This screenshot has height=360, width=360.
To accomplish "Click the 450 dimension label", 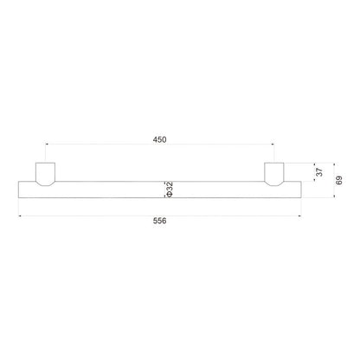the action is pyautogui.click(x=159, y=139).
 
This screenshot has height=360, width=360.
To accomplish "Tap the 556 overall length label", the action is pyautogui.click(x=159, y=221).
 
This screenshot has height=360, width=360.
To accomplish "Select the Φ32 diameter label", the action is pyautogui.click(x=170, y=190).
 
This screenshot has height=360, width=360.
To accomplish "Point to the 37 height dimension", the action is pyautogui.click(x=319, y=172).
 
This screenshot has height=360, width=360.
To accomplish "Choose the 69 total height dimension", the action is pyautogui.click(x=339, y=180).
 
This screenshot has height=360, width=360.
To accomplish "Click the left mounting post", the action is pyautogui.click(x=45, y=174).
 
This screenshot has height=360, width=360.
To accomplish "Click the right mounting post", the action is pyautogui.click(x=274, y=174).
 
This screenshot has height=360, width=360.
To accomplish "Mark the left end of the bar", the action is pyautogui.click(x=18, y=190).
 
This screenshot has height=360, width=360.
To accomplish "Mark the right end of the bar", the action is pyautogui.click(x=301, y=190).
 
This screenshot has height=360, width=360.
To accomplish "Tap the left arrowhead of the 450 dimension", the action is pyautogui.click(x=47, y=144).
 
